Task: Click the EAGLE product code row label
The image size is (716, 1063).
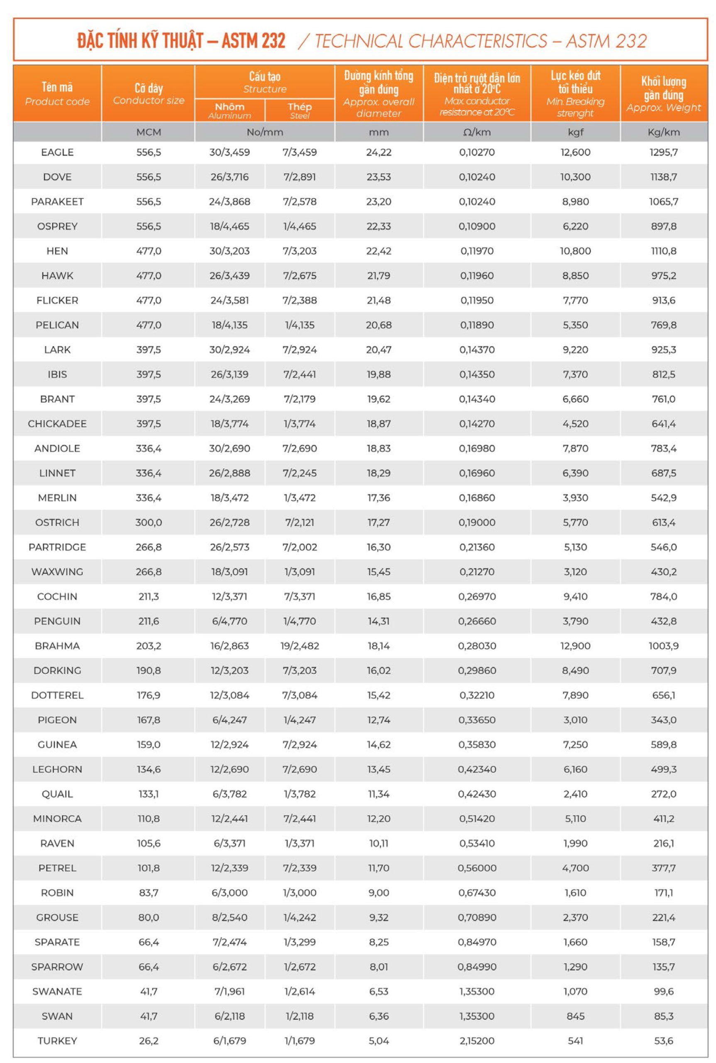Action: [57, 152]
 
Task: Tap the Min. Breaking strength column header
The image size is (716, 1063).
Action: [575, 94]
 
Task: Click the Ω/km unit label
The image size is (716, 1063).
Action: [477, 132]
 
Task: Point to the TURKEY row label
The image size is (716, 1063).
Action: [57, 1041]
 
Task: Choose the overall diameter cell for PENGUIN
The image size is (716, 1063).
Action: [379, 621]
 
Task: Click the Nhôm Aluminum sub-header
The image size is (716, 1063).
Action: [229, 110]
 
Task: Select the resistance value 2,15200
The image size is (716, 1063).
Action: [477, 1041]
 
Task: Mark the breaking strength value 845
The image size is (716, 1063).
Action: [575, 1016]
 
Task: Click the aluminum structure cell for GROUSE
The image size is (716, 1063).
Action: [229, 918]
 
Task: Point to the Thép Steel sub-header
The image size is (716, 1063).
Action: [300, 110]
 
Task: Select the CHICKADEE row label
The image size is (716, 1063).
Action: [57, 424]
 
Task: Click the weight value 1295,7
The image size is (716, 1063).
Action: [663, 152]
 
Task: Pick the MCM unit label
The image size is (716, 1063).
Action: [149, 132]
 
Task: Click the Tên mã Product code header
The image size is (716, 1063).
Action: [57, 94]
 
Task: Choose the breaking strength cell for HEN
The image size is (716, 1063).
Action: [575, 251]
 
